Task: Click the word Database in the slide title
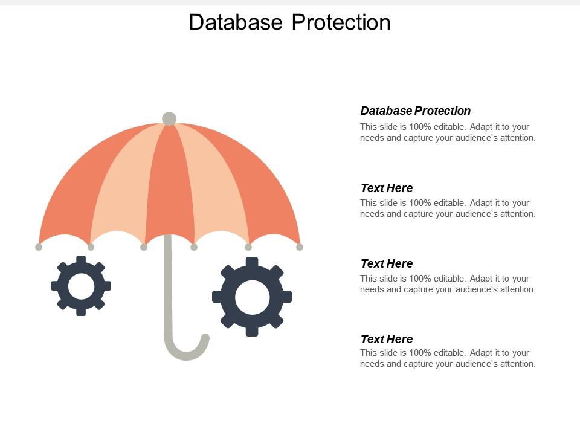pos(236,22)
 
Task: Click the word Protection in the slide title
pos(341,22)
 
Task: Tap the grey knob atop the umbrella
pos(169,119)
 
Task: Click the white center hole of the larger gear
pos(252,297)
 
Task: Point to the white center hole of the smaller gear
pos(81,286)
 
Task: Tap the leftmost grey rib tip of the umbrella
pos(39,246)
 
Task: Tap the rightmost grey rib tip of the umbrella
pos(300,246)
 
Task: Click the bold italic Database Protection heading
pos(416,111)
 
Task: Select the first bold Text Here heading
pos(387,188)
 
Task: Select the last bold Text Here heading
pos(387,339)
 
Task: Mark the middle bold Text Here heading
pos(387,263)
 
